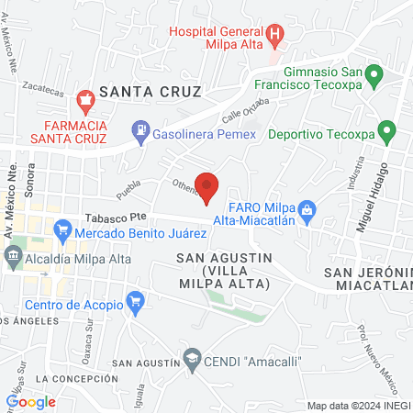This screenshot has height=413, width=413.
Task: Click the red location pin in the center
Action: click(x=207, y=186)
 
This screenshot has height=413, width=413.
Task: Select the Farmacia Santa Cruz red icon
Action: click(x=85, y=98)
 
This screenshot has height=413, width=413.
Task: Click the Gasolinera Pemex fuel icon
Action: click(x=140, y=132)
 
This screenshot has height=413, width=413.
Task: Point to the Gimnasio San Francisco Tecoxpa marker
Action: click(x=373, y=73)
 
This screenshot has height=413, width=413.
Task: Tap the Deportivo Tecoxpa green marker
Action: click(x=386, y=131)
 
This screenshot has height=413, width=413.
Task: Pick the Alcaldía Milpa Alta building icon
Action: click(x=13, y=259)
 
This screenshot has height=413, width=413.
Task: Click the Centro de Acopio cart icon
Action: click(x=136, y=300)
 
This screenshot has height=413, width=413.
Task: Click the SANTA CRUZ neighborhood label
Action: click(x=150, y=91)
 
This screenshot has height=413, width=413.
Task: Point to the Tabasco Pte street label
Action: click(x=116, y=218)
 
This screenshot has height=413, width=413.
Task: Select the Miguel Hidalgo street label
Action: click(x=372, y=195)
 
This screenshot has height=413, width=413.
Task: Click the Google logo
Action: click(x=31, y=401)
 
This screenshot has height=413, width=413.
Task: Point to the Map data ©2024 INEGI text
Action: click(x=358, y=406)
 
